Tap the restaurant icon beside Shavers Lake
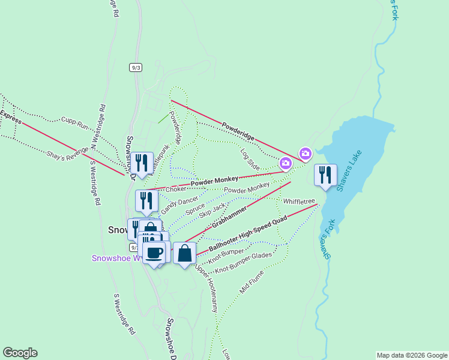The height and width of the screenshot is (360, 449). [x=325, y=175]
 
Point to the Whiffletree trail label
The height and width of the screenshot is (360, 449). [x=299, y=202]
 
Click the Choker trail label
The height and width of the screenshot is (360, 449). [x=176, y=189]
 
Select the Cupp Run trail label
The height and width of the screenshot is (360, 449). [x=74, y=124]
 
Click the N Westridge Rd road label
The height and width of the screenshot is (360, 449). [x=98, y=127]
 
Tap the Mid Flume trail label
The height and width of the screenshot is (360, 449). [x=252, y=281]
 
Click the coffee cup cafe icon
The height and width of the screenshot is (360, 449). [x=154, y=253]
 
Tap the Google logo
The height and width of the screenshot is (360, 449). [x=20, y=353]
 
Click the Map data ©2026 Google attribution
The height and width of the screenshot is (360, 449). [x=412, y=355]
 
